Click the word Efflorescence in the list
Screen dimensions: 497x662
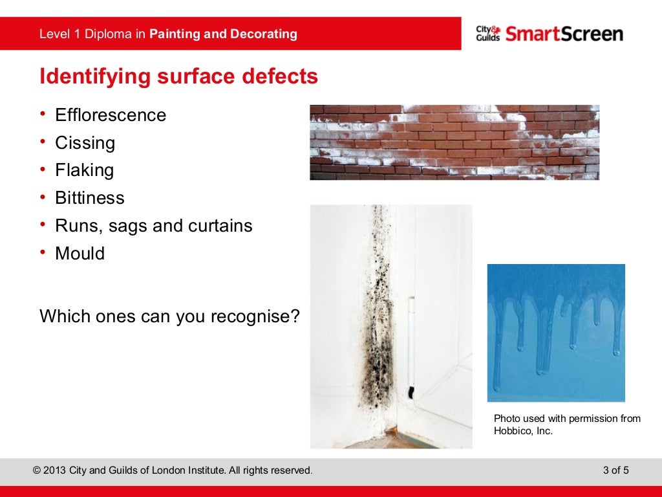(111, 115)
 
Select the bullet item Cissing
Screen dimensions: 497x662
(85, 143)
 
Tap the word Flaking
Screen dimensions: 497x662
(84, 171)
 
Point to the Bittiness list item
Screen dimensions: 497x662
(90, 198)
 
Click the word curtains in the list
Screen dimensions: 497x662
(220, 226)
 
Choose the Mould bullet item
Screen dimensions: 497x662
(80, 254)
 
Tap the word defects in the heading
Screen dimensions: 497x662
(281, 76)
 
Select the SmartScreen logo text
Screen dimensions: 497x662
(564, 34)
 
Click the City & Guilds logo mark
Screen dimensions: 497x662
(488, 34)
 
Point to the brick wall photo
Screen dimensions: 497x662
(454, 142)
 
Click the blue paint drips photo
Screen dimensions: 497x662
(555, 333)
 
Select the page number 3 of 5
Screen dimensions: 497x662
(615, 470)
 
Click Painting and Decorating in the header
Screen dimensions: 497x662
(223, 34)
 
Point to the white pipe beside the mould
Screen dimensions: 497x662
(411, 343)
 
